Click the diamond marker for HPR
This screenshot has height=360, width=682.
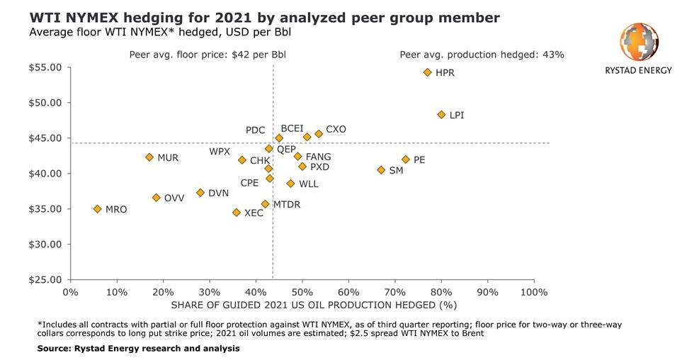(427, 72)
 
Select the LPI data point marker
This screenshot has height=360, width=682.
(441, 114)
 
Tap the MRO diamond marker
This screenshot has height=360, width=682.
(98, 209)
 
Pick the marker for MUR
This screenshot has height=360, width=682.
(149, 157)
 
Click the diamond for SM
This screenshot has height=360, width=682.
(381, 170)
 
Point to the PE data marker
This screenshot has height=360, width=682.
(406, 159)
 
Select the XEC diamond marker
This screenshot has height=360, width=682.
(237, 213)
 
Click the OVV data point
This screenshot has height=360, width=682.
(157, 198)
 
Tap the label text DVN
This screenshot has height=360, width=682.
(218, 193)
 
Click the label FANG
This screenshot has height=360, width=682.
(318, 157)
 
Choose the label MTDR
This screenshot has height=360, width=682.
(286, 204)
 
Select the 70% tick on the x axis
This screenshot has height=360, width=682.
(394, 292)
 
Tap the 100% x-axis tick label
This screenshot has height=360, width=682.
(533, 292)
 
